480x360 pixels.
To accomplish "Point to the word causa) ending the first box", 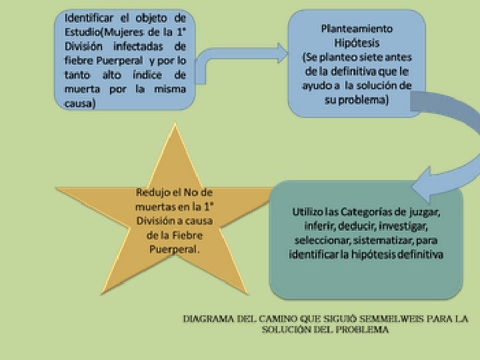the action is (80, 103).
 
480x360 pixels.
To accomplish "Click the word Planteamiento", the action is (357, 29).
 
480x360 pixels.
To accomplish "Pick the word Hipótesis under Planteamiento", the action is (357, 43).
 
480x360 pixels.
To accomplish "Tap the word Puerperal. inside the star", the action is (174, 248).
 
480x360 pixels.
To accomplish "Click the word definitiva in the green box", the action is (419, 255).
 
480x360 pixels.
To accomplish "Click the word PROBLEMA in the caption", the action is (363, 329).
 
